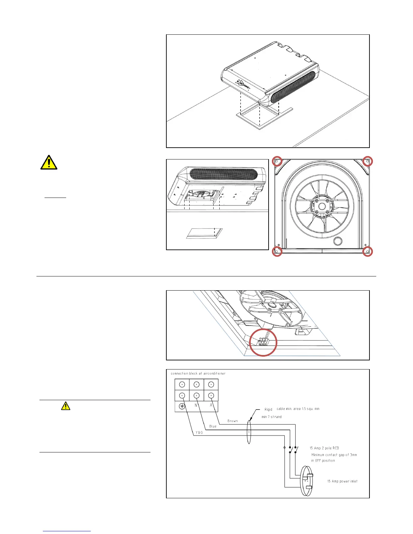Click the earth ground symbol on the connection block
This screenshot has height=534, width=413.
(182, 406)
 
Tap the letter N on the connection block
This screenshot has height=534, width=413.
(196, 405)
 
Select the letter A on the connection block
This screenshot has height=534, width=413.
(211, 405)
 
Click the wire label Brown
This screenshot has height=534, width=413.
(232, 421)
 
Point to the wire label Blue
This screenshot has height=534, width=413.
(213, 426)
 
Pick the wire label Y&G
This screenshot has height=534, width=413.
(199, 433)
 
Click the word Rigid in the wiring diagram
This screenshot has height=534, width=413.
(268, 409)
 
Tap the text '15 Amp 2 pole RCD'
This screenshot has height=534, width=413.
(324, 448)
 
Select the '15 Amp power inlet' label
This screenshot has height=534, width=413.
(342, 481)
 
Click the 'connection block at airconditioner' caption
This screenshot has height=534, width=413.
(198, 374)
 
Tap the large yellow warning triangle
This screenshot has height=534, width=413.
(49, 162)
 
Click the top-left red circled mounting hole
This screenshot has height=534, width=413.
(277, 161)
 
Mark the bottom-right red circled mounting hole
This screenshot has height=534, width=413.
(368, 251)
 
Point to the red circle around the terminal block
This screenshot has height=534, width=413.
(263, 343)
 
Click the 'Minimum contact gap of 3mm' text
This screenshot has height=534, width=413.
(334, 455)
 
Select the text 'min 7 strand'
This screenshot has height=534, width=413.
(271, 417)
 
